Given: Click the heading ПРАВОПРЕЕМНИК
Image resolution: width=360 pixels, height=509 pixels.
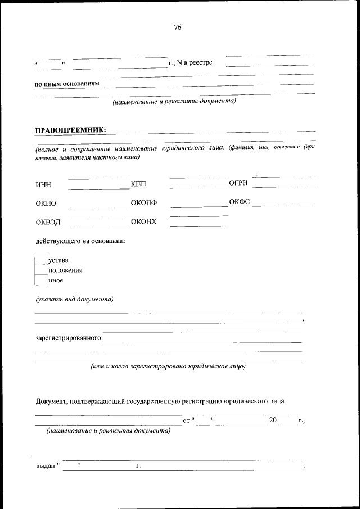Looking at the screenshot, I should [70, 129].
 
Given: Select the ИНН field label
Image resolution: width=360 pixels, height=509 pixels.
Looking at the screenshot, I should [43, 184].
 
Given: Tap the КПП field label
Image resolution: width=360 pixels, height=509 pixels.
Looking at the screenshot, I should [138, 184].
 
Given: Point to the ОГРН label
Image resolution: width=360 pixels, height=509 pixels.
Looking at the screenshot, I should [238, 183].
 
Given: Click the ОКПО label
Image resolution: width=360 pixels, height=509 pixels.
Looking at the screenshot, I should [46, 204].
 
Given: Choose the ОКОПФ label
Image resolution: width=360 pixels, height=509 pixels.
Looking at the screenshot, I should [143, 203].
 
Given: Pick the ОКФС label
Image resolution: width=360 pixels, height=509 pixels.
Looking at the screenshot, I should [239, 202].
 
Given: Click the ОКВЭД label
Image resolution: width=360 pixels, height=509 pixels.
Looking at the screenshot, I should [48, 222].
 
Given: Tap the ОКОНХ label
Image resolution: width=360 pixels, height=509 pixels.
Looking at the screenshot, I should [143, 222].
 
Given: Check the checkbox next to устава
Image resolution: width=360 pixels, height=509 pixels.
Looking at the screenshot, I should [40, 260].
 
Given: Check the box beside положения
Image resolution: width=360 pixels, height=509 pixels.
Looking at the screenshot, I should [40, 270].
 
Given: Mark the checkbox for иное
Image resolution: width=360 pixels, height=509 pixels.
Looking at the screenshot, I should [40, 280].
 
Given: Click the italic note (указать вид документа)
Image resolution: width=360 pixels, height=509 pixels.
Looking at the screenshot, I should [74, 299].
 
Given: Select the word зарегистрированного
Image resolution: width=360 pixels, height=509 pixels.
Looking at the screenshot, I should [68, 339].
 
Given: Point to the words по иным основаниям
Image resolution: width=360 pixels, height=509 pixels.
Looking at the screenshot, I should [67, 84].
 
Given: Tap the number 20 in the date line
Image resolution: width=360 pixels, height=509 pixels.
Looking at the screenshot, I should [273, 420].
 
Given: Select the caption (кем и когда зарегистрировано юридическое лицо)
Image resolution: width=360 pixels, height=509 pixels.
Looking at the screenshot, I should [168, 366].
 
